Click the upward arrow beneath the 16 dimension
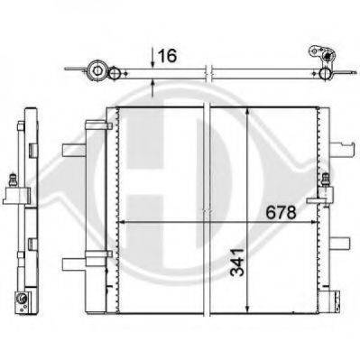tap(152, 88)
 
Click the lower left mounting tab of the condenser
tap(72, 263)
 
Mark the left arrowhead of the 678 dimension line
tap(125, 220)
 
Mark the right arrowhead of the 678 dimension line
tap(315, 220)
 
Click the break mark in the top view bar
tap(208, 69)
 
